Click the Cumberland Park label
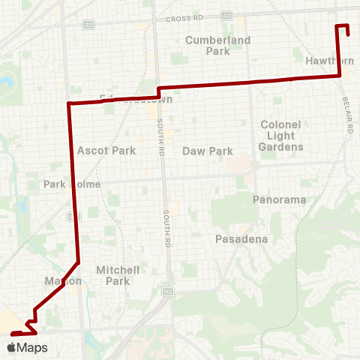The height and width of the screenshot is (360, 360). pyautogui.click(x=207, y=45)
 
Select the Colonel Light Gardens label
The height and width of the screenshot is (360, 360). pyautogui.click(x=281, y=135)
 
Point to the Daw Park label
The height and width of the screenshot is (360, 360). pyautogui.click(x=208, y=151)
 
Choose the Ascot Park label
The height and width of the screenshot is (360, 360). pyautogui.click(x=106, y=150)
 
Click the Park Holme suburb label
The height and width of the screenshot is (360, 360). pyautogui.click(x=66, y=184)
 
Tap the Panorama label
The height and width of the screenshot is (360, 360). pyautogui.click(x=279, y=199)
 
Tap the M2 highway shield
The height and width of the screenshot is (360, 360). pyautogui.click(x=169, y=290)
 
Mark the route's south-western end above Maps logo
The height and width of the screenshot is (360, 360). pyautogui.click(x=13, y=333)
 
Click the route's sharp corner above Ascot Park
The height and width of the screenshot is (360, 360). pyautogui.click(x=69, y=103)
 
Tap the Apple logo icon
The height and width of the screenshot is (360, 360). pyautogui.click(x=11, y=347)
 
